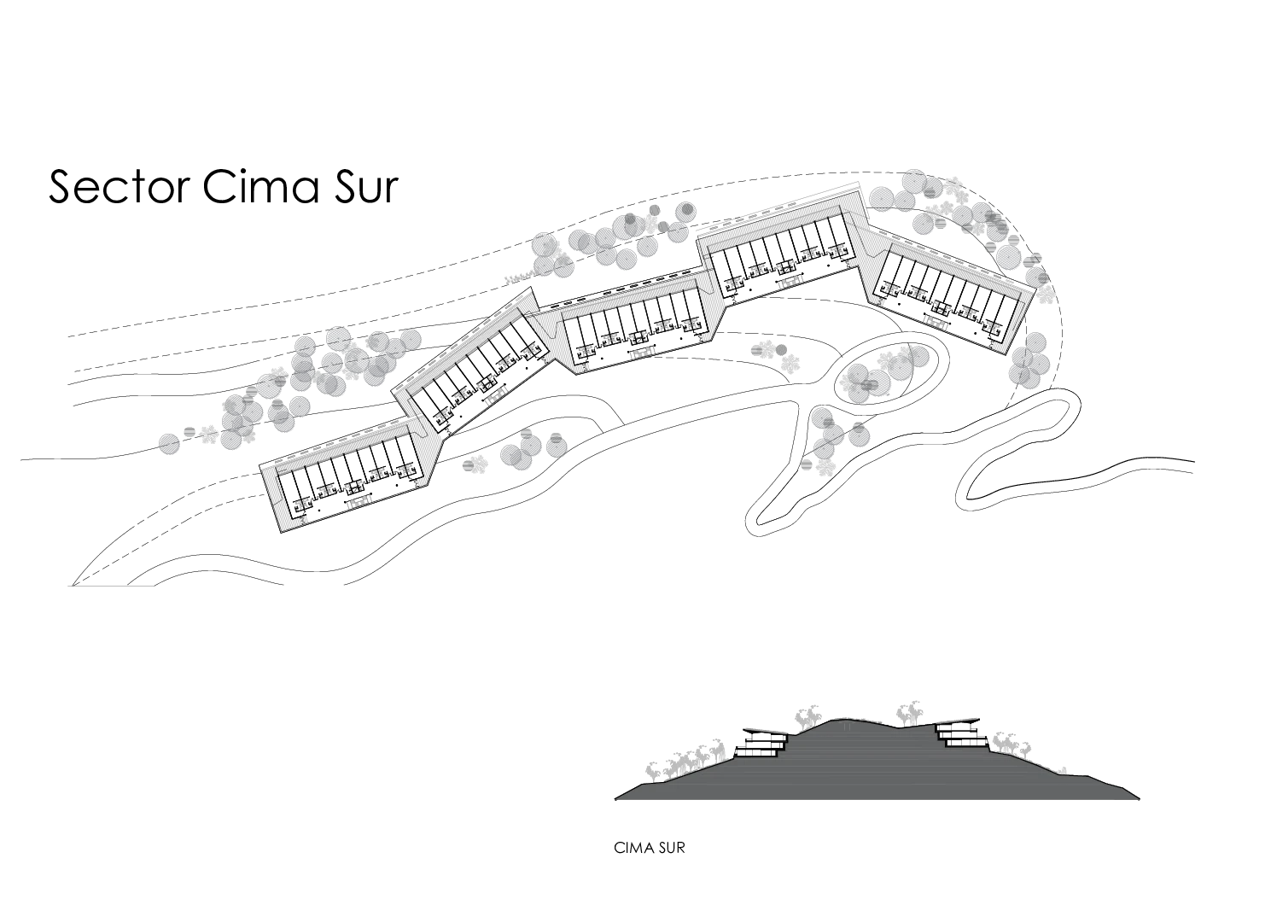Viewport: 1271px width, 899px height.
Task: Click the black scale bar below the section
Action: coord(651,847)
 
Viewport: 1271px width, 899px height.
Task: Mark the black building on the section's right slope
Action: coord(960,733)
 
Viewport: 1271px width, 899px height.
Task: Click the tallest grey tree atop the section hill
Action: coord(912,710)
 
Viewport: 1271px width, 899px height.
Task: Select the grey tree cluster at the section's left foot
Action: coord(683,760)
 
